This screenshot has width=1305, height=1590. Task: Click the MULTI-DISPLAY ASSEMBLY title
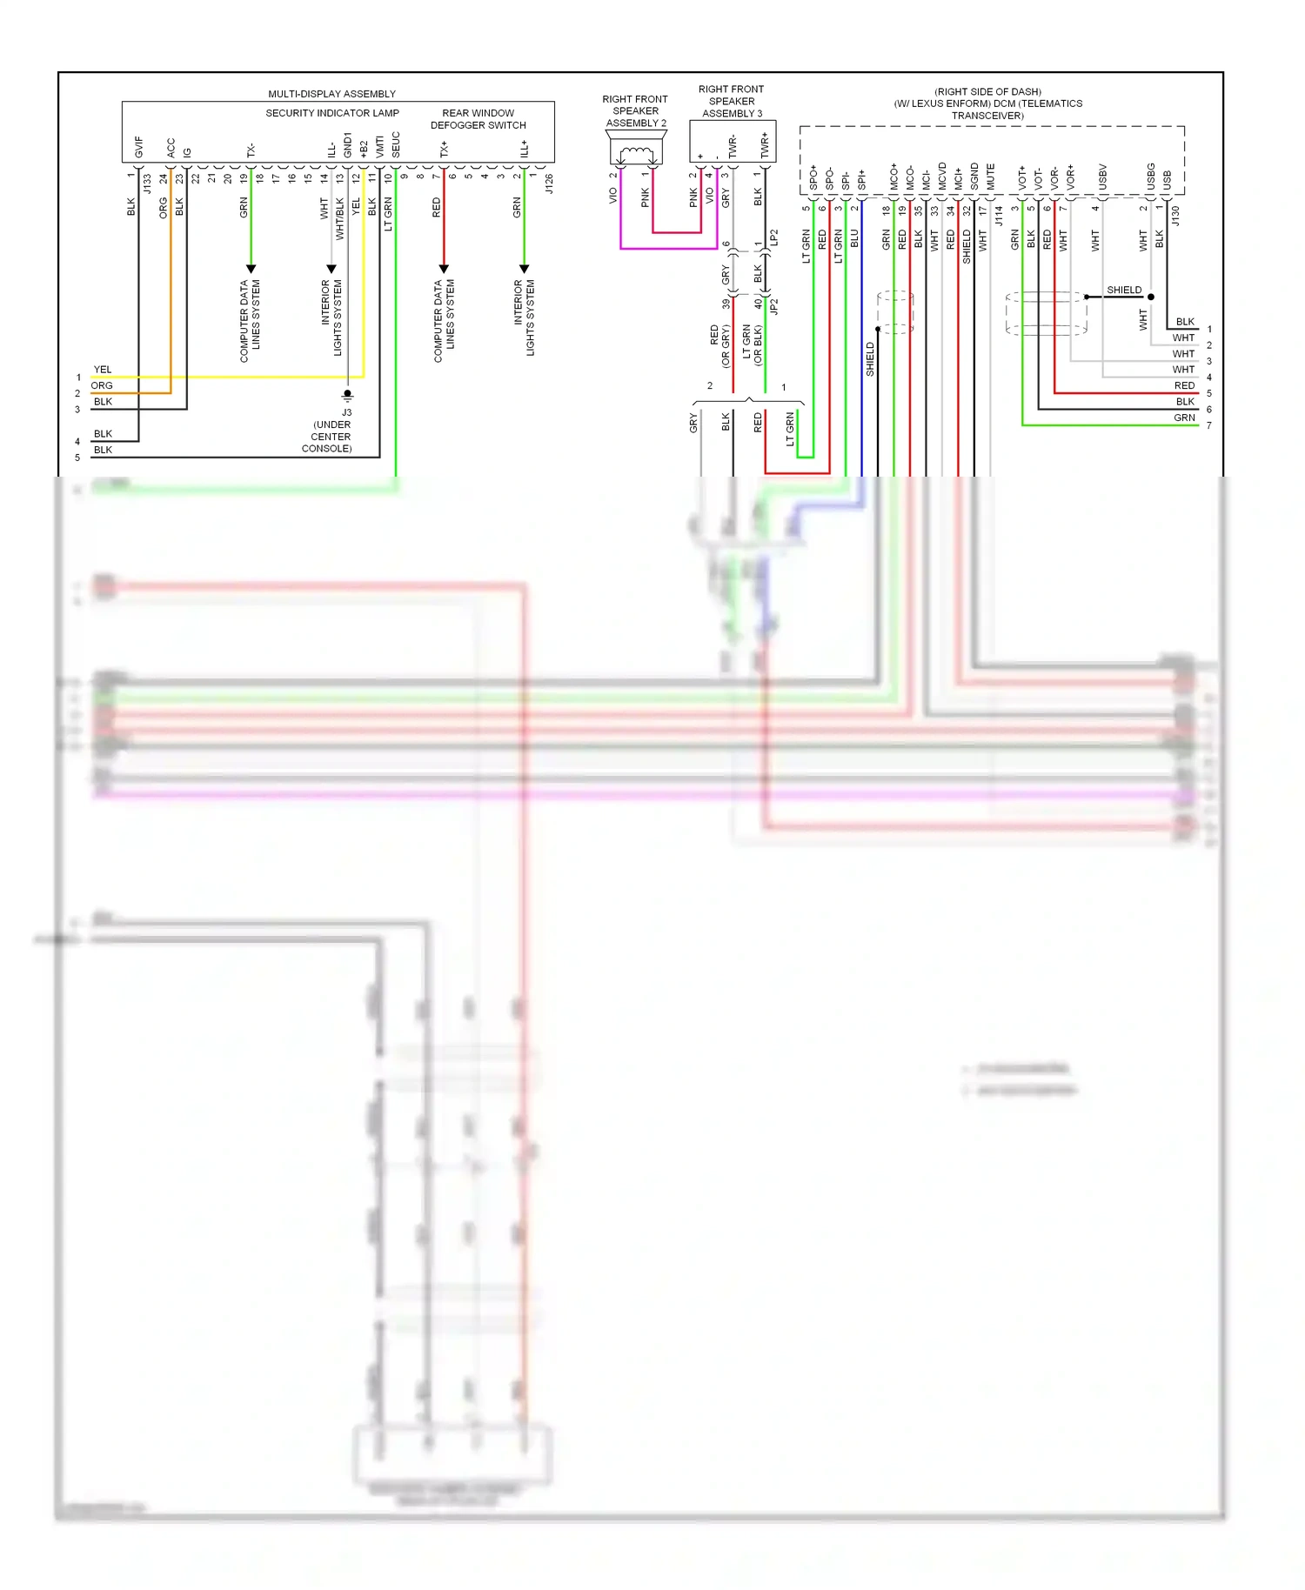[x=331, y=94]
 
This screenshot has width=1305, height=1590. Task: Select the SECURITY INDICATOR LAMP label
[x=332, y=113]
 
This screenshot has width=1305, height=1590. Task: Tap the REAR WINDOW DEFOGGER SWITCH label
[x=478, y=119]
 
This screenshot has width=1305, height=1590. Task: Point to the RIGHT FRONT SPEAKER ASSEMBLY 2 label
[x=635, y=111]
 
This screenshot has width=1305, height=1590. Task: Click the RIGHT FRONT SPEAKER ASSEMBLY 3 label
[x=731, y=101]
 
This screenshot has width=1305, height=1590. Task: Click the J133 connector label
[x=148, y=184]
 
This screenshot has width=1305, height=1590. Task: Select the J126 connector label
[x=549, y=184]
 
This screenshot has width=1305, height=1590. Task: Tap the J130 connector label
[x=1175, y=216]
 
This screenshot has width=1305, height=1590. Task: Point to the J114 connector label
[x=999, y=216]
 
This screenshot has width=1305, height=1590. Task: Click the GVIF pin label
[x=139, y=147]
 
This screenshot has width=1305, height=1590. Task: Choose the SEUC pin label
[x=396, y=144]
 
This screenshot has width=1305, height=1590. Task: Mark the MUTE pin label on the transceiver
[x=990, y=177]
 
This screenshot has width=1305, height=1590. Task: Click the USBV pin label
[x=1102, y=177]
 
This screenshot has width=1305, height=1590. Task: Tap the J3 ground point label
[x=346, y=412]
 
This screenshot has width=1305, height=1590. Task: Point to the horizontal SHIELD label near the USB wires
[x=1124, y=291]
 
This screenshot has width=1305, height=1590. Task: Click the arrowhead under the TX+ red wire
[x=444, y=269]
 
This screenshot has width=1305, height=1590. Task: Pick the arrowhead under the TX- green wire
[x=251, y=269]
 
